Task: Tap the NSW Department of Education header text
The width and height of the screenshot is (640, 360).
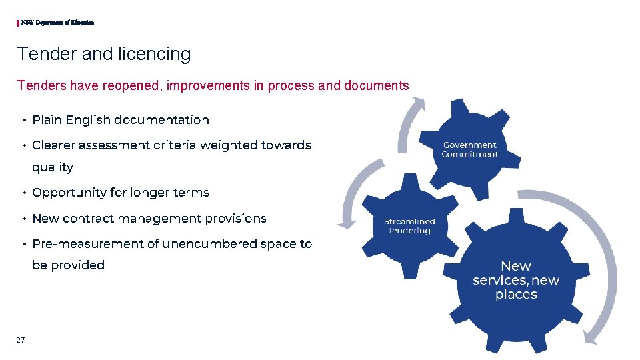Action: [x=57, y=23]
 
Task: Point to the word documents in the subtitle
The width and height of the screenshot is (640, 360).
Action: [x=377, y=85]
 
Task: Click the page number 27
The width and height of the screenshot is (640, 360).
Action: [x=21, y=340]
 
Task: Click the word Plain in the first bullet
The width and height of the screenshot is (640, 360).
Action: [x=47, y=120]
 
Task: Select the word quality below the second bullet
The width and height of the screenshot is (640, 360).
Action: [x=53, y=167]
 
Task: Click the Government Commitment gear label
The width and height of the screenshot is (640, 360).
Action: [x=470, y=150]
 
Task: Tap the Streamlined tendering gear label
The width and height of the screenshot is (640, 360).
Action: [x=409, y=226]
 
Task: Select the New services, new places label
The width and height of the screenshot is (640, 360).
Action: [x=516, y=280]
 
